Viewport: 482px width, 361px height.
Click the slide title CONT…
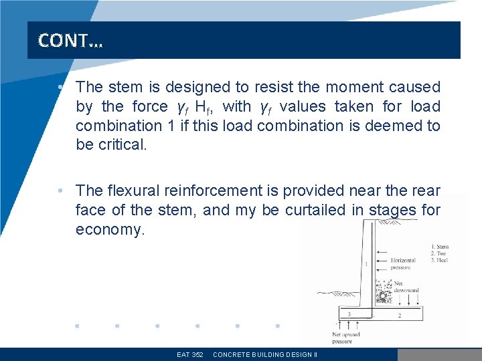70,41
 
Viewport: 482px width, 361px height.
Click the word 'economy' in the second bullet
109,230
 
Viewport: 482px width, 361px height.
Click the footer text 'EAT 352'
190,354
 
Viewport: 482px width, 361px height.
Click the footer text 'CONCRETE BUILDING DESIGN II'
264,354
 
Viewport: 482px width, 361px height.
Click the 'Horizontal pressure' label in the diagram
402,264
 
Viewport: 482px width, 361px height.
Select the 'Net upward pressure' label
346,338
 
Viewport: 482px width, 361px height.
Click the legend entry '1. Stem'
440,247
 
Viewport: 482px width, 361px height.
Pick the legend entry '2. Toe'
439,253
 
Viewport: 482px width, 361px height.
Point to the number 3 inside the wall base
348,314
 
